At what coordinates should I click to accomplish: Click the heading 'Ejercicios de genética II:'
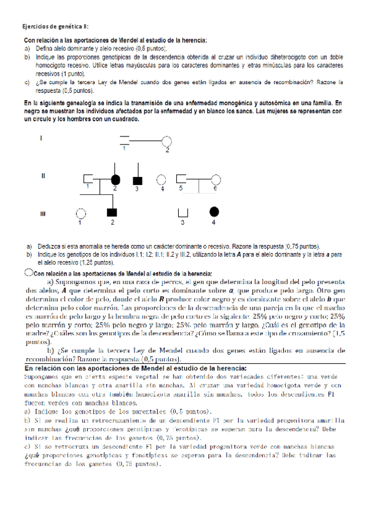pos(55,27)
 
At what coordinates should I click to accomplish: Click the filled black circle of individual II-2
pos(114,180)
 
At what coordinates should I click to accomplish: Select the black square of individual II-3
pos(138,180)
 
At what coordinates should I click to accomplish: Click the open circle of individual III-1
pos(80,213)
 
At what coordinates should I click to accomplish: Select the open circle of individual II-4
pos(162,180)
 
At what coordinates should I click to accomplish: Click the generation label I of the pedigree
pos(41,138)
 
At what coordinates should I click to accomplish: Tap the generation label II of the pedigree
pos(42,176)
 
